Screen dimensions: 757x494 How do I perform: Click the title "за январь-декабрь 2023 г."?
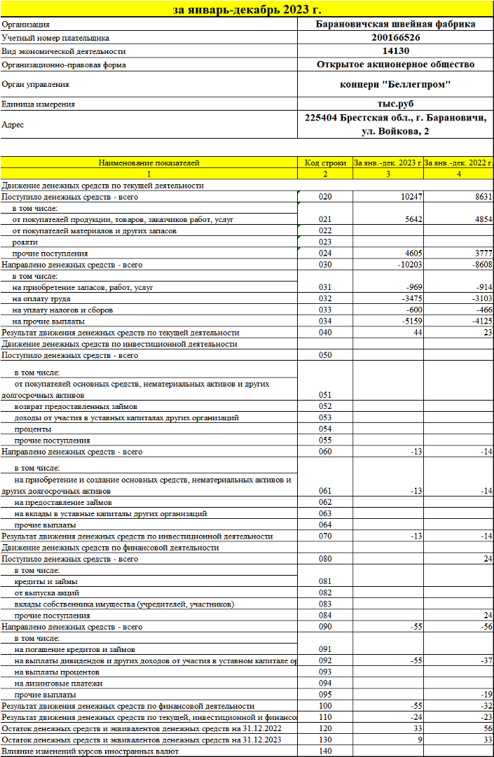pos(247,10)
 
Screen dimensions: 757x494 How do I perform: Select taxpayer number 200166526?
pos(395,38)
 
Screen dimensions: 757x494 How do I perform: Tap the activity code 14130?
pos(395,51)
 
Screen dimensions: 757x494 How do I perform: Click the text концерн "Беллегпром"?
pos(395,85)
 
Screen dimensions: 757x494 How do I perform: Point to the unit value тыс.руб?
pos(395,104)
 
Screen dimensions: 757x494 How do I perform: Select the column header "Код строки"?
pos(325,162)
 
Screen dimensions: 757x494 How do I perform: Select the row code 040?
pos(325,332)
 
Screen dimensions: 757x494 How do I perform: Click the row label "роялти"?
pos(26,242)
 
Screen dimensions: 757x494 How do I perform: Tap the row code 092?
pos(325,660)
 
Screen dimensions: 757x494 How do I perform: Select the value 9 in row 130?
pos(419,739)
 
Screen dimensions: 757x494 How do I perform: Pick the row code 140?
pos(325,751)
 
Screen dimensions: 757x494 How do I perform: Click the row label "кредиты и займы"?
pos(46,581)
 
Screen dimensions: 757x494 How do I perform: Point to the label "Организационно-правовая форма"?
pos(64,65)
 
